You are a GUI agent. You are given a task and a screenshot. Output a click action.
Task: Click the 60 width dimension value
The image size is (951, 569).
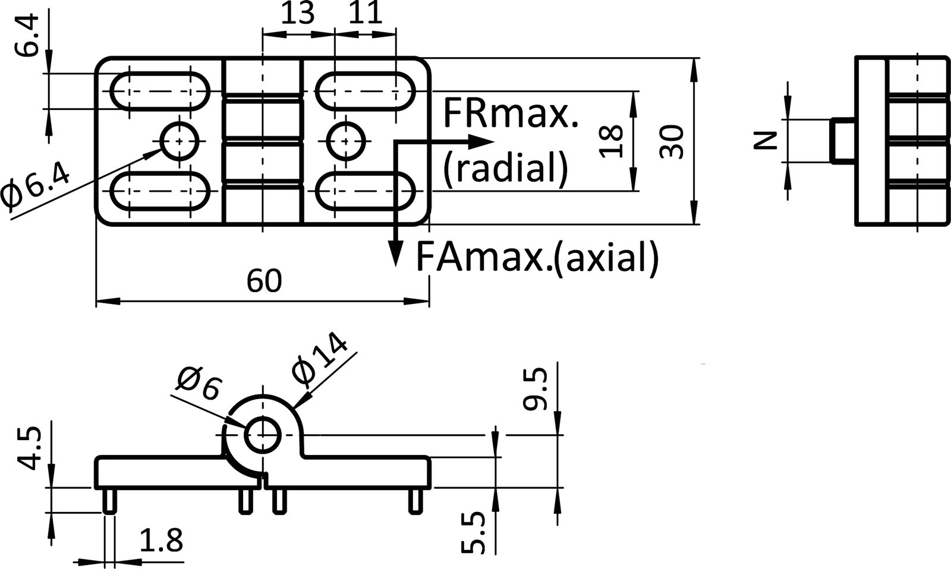[x=264, y=281]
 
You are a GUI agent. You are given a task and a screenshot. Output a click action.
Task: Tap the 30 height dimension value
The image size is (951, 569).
[x=672, y=141]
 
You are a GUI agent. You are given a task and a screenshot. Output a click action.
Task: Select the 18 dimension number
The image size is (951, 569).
[x=612, y=141]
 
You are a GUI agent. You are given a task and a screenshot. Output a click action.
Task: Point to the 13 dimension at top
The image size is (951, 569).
[x=297, y=14]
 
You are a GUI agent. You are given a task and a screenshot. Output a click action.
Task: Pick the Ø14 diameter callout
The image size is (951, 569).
[x=320, y=360]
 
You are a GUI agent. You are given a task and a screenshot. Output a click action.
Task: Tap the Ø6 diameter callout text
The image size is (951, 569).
[x=198, y=384]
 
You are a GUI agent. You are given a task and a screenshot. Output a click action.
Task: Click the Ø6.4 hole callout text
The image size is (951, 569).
[x=36, y=187]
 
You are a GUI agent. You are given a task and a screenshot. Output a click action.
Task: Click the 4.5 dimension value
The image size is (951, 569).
[x=29, y=447]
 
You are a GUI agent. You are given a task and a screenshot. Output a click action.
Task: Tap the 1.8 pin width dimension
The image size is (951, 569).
[x=161, y=540]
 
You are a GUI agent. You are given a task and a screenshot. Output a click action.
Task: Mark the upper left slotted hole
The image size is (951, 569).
[x=160, y=91]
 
